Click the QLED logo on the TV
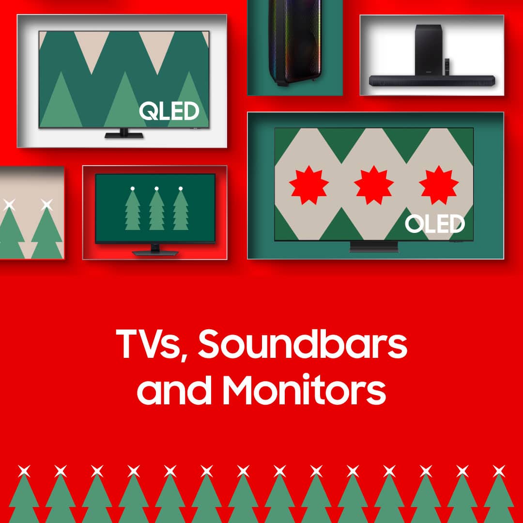click(169, 111)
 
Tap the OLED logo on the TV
click(434, 223)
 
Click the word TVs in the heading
click(149, 344)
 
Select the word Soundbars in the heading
click(303, 343)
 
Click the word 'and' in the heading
click(174, 389)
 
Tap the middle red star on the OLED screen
click(373, 185)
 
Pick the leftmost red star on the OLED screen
click(308, 185)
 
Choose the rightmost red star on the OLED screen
click(439, 185)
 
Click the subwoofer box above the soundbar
click(429, 50)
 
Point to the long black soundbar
click(432, 81)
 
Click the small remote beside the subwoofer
click(447, 67)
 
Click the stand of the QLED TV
click(124, 134)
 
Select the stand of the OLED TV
click(373, 246)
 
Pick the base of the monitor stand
click(155, 253)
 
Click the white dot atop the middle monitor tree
click(156, 189)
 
